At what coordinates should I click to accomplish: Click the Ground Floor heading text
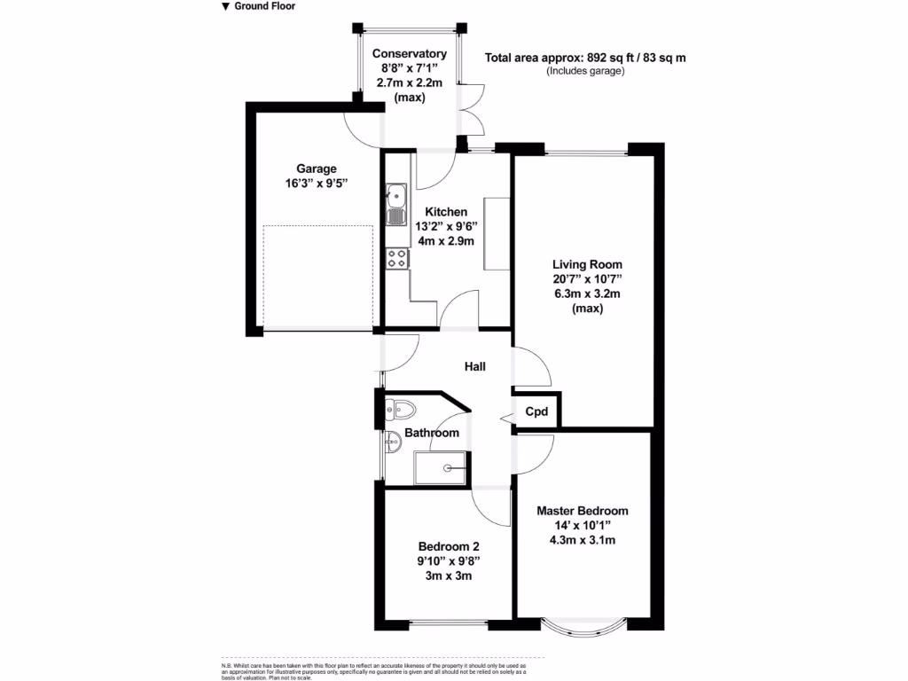[264, 6]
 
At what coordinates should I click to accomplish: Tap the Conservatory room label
[409, 54]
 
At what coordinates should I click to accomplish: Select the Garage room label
[317, 168]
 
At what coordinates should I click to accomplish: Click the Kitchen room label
[446, 212]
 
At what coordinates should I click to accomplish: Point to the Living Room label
[587, 264]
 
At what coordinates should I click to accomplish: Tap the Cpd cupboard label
[536, 411]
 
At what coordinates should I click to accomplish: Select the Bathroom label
[432, 433]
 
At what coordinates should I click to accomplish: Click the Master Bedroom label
[583, 511]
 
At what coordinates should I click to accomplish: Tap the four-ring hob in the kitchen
[397, 259]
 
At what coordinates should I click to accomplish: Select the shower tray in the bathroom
[442, 467]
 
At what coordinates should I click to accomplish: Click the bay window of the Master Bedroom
[583, 624]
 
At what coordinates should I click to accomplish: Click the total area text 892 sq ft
[585, 59]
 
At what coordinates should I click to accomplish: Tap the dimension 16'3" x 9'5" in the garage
[317, 184]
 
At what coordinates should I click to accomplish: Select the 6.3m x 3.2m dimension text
[587, 294]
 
